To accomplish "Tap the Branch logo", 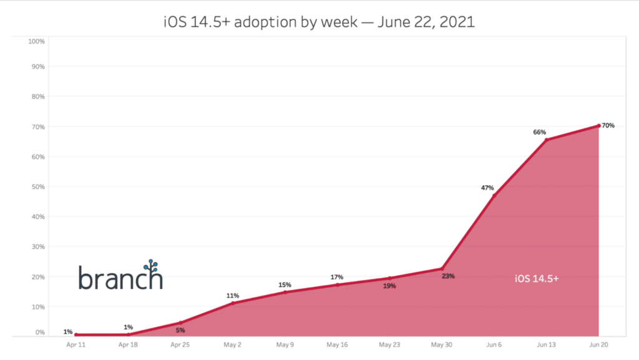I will click(x=120, y=275).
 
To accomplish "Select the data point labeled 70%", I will click(x=599, y=125).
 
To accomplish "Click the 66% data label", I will click(x=539, y=132).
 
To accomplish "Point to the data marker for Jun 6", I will click(x=494, y=196).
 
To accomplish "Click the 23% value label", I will click(x=448, y=276).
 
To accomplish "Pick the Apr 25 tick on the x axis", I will click(x=180, y=344).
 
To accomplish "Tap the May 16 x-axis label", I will click(x=337, y=344).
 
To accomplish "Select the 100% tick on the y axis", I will click(x=36, y=41).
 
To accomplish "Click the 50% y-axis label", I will click(x=37, y=187).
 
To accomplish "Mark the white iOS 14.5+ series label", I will click(x=537, y=279).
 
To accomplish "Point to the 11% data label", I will click(x=233, y=296).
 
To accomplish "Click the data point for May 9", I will click(x=285, y=292).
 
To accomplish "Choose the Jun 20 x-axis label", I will click(x=599, y=344).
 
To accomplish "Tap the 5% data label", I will click(x=180, y=331).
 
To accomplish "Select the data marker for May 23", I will click(x=389, y=278).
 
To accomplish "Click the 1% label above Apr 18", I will click(x=128, y=327).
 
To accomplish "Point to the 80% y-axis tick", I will click(x=37, y=97).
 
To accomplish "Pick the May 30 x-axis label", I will click(x=442, y=344).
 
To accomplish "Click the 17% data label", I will click(x=337, y=277).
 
